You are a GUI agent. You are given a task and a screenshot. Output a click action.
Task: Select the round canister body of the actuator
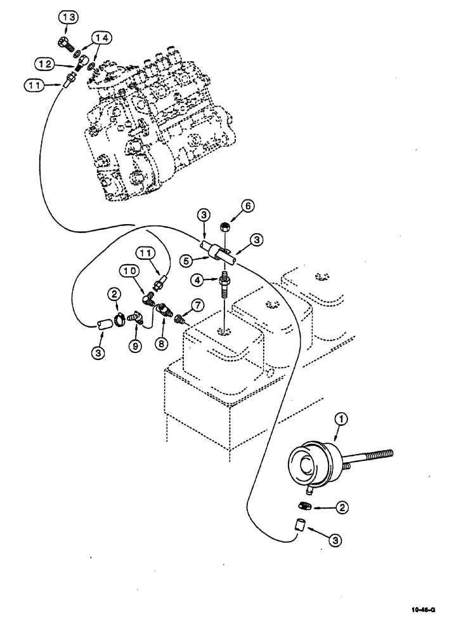pos(311,463)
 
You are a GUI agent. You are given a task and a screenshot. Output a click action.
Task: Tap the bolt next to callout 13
pos(64,44)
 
